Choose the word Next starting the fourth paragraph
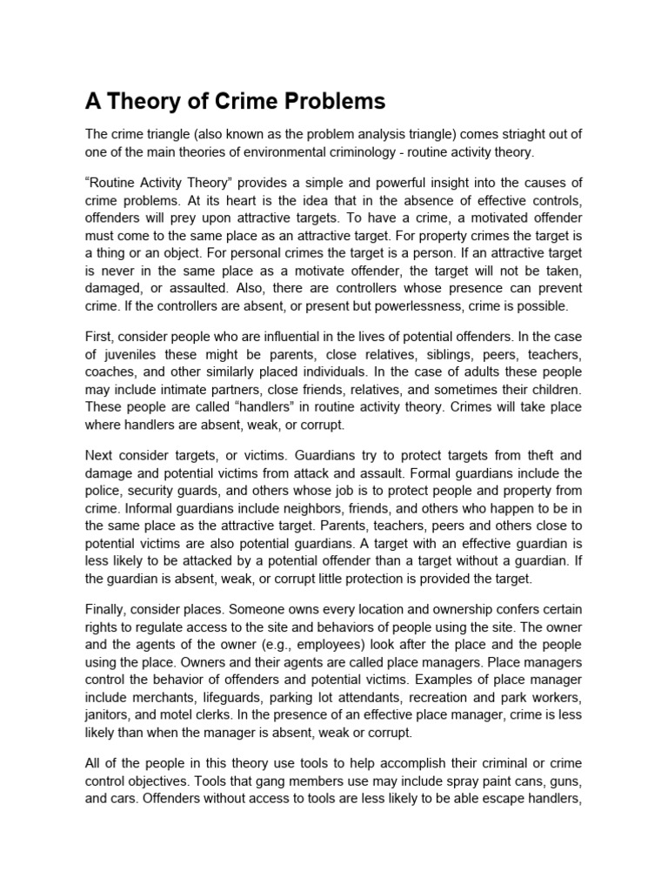pyautogui.click(x=101, y=455)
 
